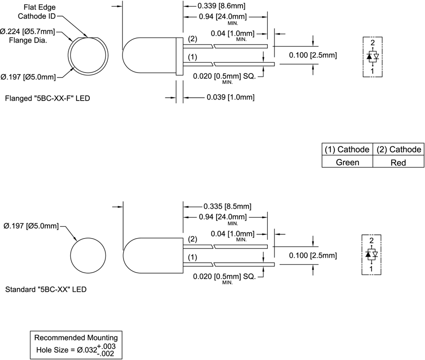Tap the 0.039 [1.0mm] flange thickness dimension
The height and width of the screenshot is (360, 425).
(x=231, y=98)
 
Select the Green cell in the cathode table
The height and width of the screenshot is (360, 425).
(x=348, y=162)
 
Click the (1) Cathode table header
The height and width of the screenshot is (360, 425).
(x=348, y=149)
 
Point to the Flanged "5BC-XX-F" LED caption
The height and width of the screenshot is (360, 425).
(x=47, y=99)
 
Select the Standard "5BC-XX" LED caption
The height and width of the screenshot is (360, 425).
(x=46, y=289)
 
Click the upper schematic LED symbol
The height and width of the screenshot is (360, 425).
(x=373, y=56)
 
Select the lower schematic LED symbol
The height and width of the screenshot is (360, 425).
(x=373, y=255)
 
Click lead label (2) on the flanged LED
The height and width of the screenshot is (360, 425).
(x=193, y=39)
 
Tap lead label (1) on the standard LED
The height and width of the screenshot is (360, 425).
(x=193, y=258)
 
